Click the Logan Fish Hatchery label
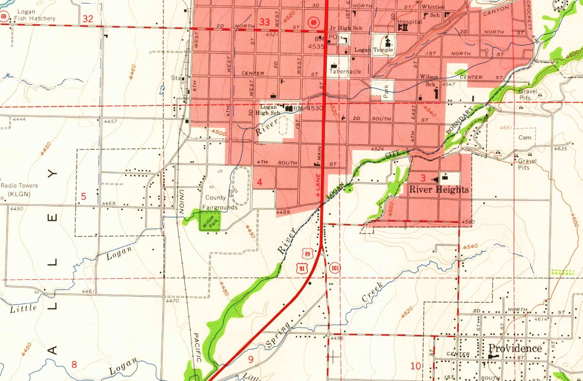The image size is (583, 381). point(34,15)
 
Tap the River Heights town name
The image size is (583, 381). point(438,189)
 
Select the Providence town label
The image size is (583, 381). point(515,349)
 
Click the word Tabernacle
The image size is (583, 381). point(345,72)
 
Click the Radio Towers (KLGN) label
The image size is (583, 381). point(19,190)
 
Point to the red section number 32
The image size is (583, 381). point(87,19)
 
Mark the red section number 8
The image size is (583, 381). point(74,365)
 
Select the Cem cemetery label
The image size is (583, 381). point(525,137)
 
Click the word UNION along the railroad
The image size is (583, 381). point(182,201)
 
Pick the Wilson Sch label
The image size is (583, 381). point(429,80)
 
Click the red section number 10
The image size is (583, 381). point(416,366)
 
